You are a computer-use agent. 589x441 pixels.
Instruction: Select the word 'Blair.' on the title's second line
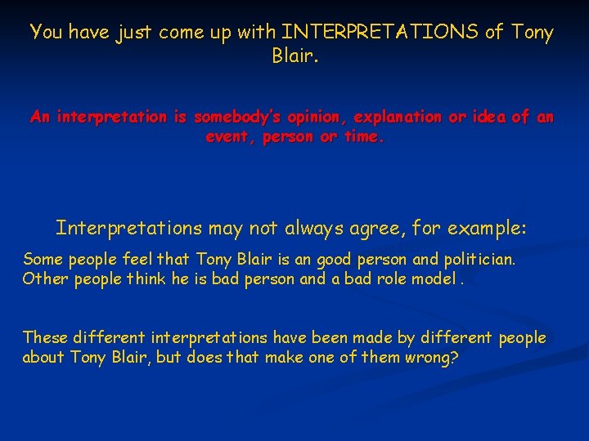pyautogui.click(x=294, y=57)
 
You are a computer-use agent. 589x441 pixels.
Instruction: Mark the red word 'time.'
pyautogui.click(x=362, y=137)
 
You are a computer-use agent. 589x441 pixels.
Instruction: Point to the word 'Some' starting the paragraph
pyautogui.click(x=43, y=259)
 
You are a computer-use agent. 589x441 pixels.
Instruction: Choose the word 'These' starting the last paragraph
pyautogui.click(x=45, y=337)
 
